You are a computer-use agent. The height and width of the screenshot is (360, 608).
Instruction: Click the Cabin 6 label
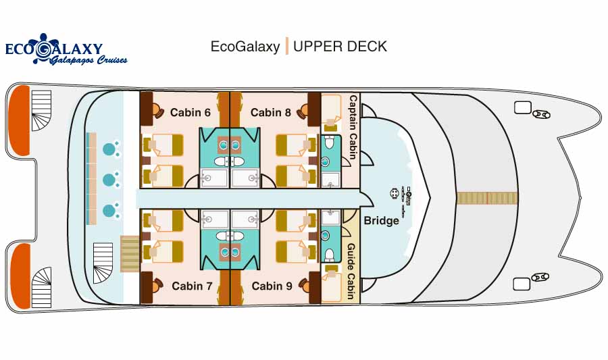click(186, 112)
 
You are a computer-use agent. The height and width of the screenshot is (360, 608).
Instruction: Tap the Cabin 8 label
click(270, 112)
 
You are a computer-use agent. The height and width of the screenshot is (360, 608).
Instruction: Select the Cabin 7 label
click(192, 286)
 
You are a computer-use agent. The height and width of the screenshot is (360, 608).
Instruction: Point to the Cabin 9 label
click(272, 286)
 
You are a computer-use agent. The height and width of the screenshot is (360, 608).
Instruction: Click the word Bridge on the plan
click(381, 221)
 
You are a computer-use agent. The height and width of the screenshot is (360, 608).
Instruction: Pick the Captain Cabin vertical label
click(353, 128)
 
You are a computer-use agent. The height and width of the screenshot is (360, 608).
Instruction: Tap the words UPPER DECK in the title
click(340, 47)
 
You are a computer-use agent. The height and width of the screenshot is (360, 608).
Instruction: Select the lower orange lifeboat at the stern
click(20, 276)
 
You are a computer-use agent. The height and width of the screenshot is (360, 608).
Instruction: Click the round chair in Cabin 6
click(156, 110)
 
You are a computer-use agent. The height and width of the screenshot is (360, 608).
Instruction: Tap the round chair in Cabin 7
click(156, 285)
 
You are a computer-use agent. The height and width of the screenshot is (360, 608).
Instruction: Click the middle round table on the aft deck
click(109, 180)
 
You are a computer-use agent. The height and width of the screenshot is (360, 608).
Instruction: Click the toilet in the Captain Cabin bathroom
click(329, 143)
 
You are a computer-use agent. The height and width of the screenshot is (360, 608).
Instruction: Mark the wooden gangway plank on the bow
click(486, 198)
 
